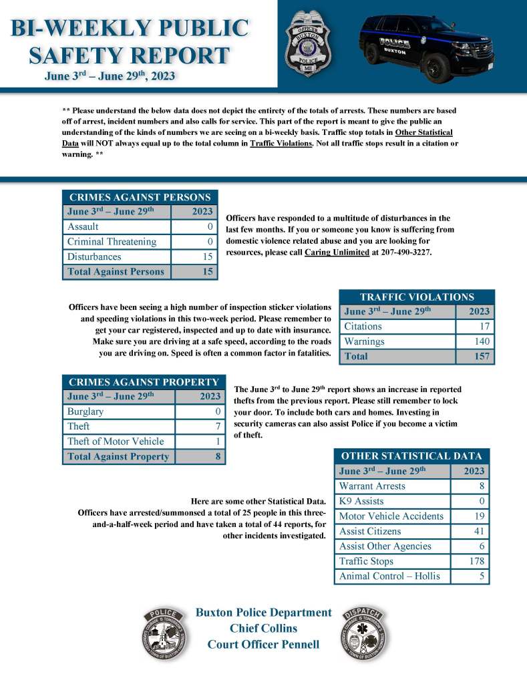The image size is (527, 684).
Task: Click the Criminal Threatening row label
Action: [112, 242]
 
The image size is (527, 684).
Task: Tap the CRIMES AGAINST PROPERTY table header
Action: [144, 382]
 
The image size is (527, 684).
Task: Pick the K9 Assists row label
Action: [361, 501]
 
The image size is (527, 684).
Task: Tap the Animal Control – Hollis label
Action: [389, 576]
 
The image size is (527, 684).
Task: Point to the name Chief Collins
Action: [263, 628]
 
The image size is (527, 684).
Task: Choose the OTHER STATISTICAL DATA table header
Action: [411, 456]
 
